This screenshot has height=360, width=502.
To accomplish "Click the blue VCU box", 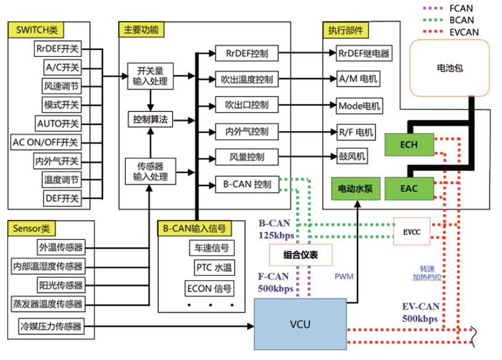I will coord(300,324).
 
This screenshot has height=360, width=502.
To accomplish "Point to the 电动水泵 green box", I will coord(355,188).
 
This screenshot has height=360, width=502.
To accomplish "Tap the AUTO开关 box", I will coord(57,124).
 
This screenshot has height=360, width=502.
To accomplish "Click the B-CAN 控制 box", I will coord(245,184).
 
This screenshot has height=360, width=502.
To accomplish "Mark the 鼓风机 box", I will coord(352,157).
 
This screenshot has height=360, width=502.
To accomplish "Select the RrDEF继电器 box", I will coord(364,53).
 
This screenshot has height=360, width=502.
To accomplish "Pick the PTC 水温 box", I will coord(210,268).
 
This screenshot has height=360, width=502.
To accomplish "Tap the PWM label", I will coord(344,276).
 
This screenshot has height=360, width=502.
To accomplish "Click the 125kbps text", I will coord(276,236).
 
